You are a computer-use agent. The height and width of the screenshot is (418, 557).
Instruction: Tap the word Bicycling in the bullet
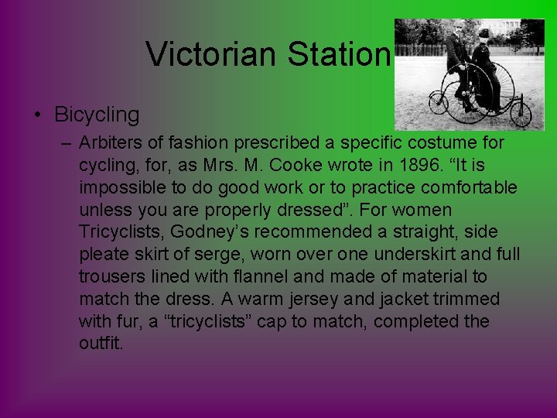97,115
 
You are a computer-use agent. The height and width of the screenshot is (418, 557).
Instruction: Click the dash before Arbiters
66,143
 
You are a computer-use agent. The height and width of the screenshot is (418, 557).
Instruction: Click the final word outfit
101,343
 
